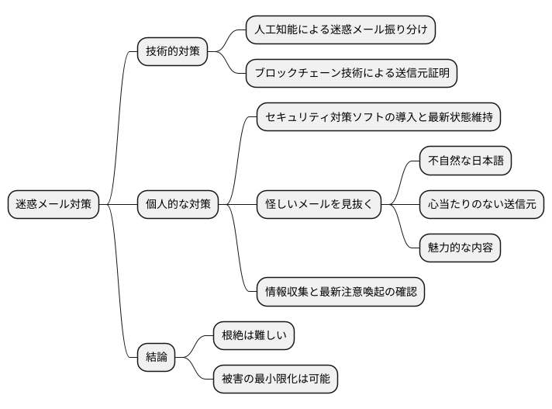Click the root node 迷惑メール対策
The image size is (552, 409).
pyautogui.click(x=53, y=204)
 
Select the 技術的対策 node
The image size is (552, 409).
pyautogui.click(x=172, y=52)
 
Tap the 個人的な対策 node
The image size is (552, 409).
pyautogui.click(x=178, y=204)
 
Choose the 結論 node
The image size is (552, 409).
pyautogui.click(x=156, y=357)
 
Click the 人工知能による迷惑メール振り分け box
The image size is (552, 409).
pyautogui.click(x=340, y=30)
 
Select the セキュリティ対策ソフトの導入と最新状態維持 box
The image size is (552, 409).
pyautogui.click(x=378, y=117)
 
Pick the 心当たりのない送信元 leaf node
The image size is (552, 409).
pyautogui.click(x=481, y=204)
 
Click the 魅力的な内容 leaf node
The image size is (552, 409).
pyautogui.click(x=459, y=248)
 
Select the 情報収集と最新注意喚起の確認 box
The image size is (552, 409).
pyautogui.click(x=340, y=291)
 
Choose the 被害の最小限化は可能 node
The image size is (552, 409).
pyautogui.click(x=276, y=379)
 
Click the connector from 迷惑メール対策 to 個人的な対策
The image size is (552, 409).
pyautogui.click(x=119, y=204)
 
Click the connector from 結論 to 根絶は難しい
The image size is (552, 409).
pyautogui.click(x=195, y=346)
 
